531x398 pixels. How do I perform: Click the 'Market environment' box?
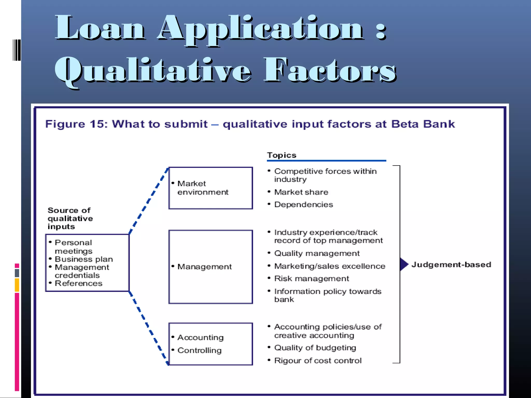[x=210, y=188]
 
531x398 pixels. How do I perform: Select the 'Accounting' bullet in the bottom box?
[x=200, y=337]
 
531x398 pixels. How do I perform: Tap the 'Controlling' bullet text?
[x=199, y=350]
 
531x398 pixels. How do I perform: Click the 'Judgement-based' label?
[x=451, y=265]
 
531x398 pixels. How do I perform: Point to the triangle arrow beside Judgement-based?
[x=404, y=264]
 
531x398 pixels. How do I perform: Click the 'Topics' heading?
[x=282, y=155]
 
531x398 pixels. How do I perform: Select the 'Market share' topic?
[x=301, y=192]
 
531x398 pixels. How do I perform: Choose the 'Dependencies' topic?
[x=303, y=204]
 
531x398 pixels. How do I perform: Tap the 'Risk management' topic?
[x=311, y=279]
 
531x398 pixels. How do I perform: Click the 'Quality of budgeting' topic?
[x=315, y=348]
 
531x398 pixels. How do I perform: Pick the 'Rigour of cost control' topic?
[x=318, y=360]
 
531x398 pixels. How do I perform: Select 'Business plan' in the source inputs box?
[x=83, y=259]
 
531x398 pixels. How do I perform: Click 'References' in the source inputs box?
[x=78, y=283]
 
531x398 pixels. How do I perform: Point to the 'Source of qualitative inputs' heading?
[x=70, y=218]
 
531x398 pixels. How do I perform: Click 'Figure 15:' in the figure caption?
[x=76, y=124]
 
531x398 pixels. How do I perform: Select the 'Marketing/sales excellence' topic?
[x=330, y=266]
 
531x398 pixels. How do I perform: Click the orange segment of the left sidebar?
[x=17, y=285]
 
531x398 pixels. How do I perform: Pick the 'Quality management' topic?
[x=317, y=253]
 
